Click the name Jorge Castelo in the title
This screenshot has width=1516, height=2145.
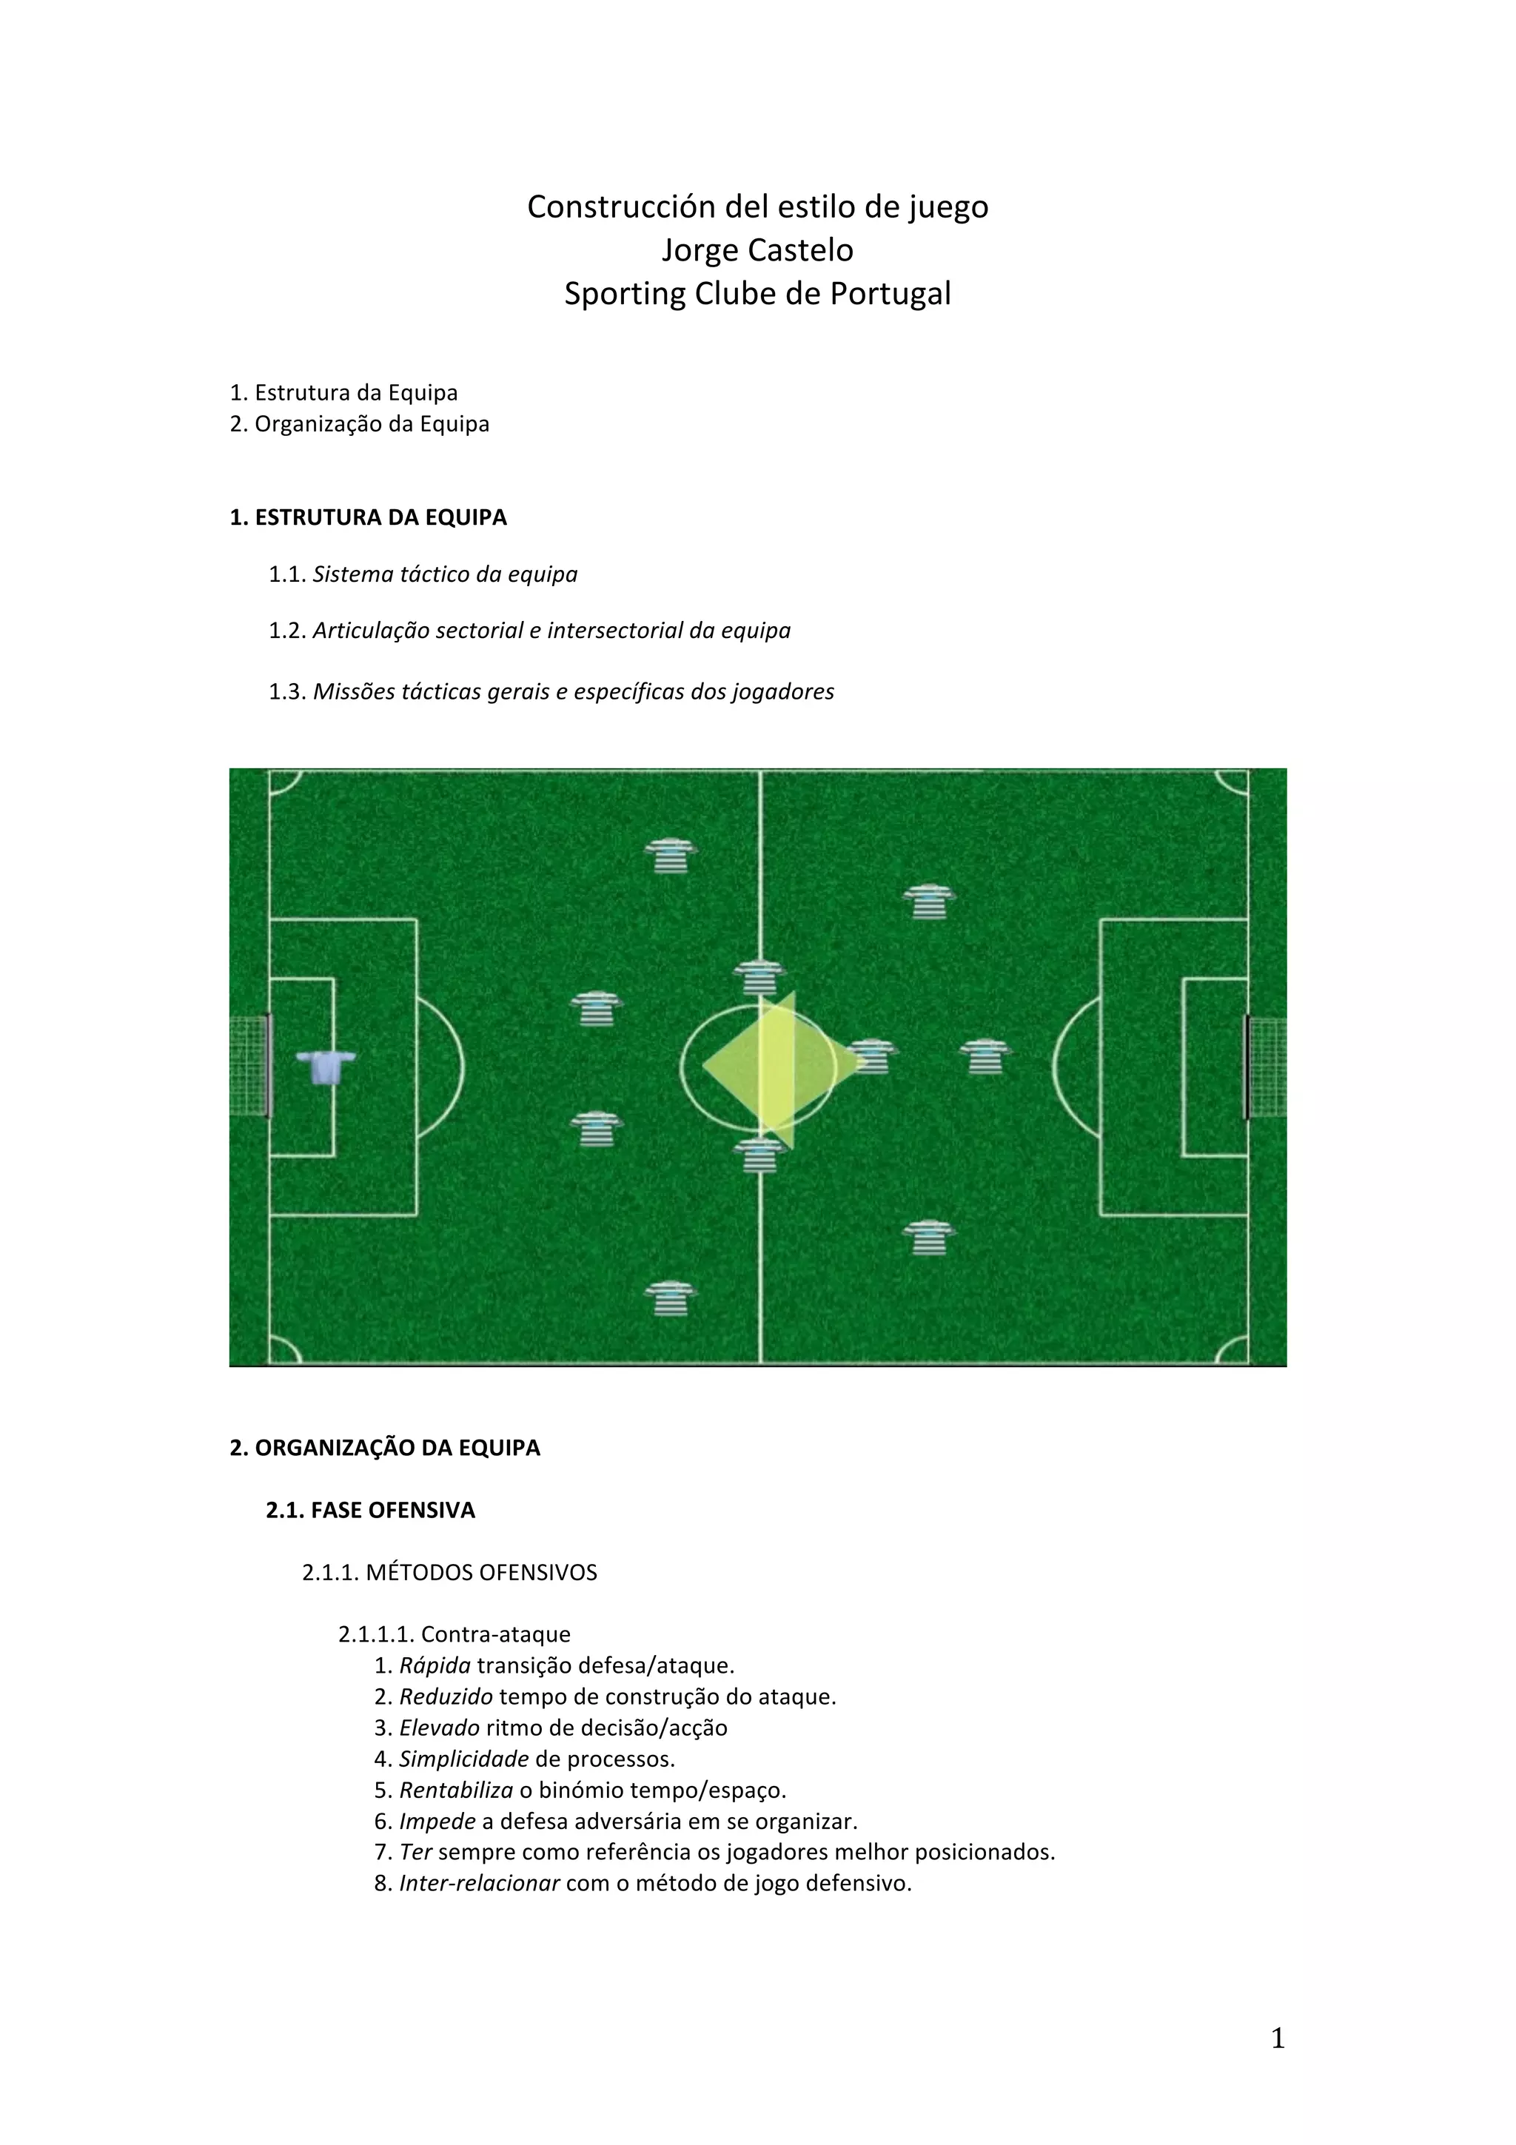pyautogui.click(x=757, y=250)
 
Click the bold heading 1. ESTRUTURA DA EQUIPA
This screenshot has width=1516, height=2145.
pyautogui.click(x=368, y=517)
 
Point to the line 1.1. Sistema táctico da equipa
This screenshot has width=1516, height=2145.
pyautogui.click(x=423, y=574)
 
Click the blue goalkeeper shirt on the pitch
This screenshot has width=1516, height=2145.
pyautogui.click(x=325, y=1065)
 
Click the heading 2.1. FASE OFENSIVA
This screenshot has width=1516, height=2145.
pyautogui.click(x=370, y=1511)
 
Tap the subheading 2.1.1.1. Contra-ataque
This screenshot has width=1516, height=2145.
pyautogui.click(x=454, y=1635)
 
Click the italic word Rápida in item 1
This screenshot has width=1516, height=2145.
pyautogui.click(x=435, y=1665)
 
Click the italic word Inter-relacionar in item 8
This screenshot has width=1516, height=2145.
pyautogui.click(x=479, y=1884)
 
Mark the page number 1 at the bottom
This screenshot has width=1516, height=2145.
pyautogui.click(x=1278, y=2038)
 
